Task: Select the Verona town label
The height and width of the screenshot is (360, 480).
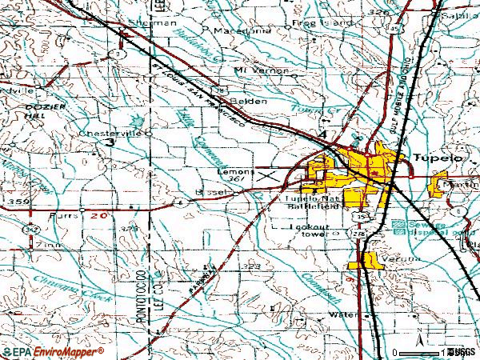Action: point(376,258)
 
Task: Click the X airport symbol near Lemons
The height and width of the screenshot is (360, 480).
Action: point(266,174)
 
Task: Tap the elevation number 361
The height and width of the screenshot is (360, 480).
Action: point(235,180)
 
